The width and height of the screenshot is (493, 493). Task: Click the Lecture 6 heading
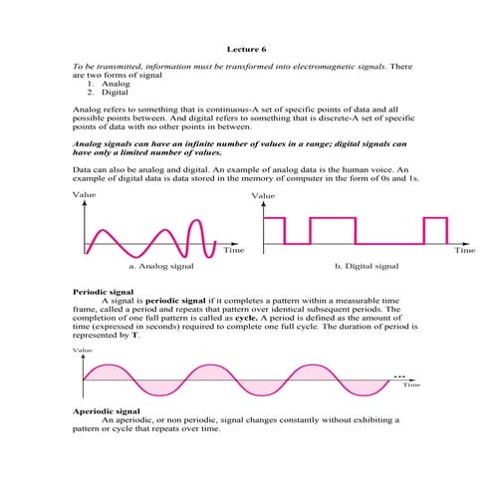pos(246,47)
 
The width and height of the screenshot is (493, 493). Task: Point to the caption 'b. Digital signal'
pos(367,266)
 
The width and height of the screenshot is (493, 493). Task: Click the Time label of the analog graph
pos(233,251)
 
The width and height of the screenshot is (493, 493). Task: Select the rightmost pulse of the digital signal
pos(434,230)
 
